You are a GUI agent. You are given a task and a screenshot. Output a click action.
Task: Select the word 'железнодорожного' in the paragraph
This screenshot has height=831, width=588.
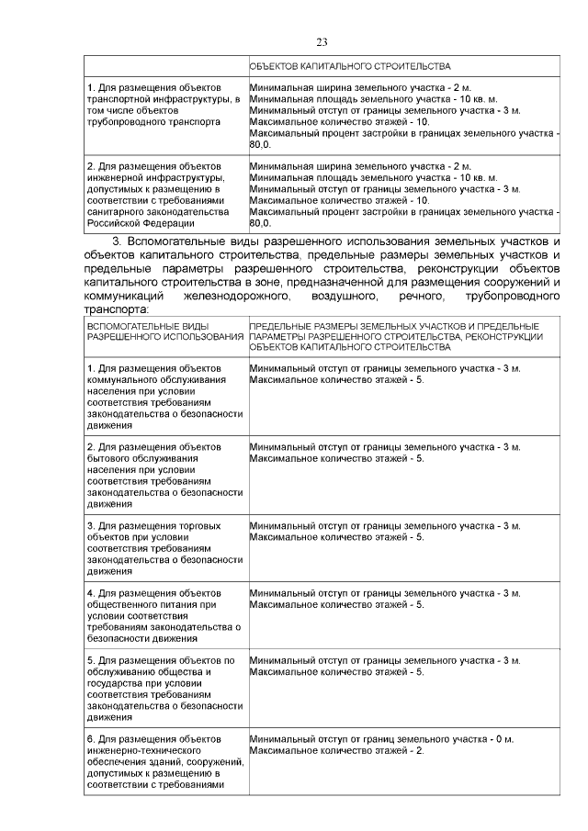tap(243, 297)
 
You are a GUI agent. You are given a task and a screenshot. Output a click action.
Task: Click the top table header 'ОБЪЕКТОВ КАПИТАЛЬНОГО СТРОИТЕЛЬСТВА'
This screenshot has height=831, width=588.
tap(350, 67)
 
